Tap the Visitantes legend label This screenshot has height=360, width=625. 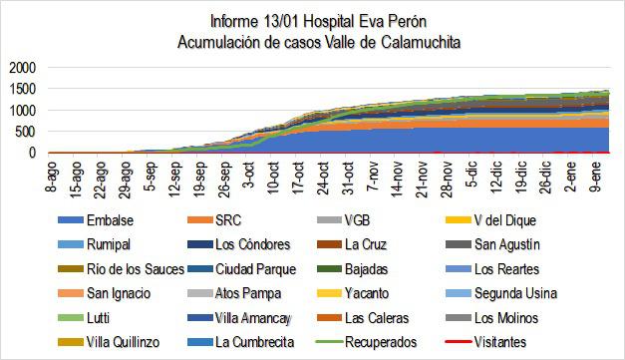tap(515, 342)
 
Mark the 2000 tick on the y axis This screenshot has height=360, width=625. tap(21, 68)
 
